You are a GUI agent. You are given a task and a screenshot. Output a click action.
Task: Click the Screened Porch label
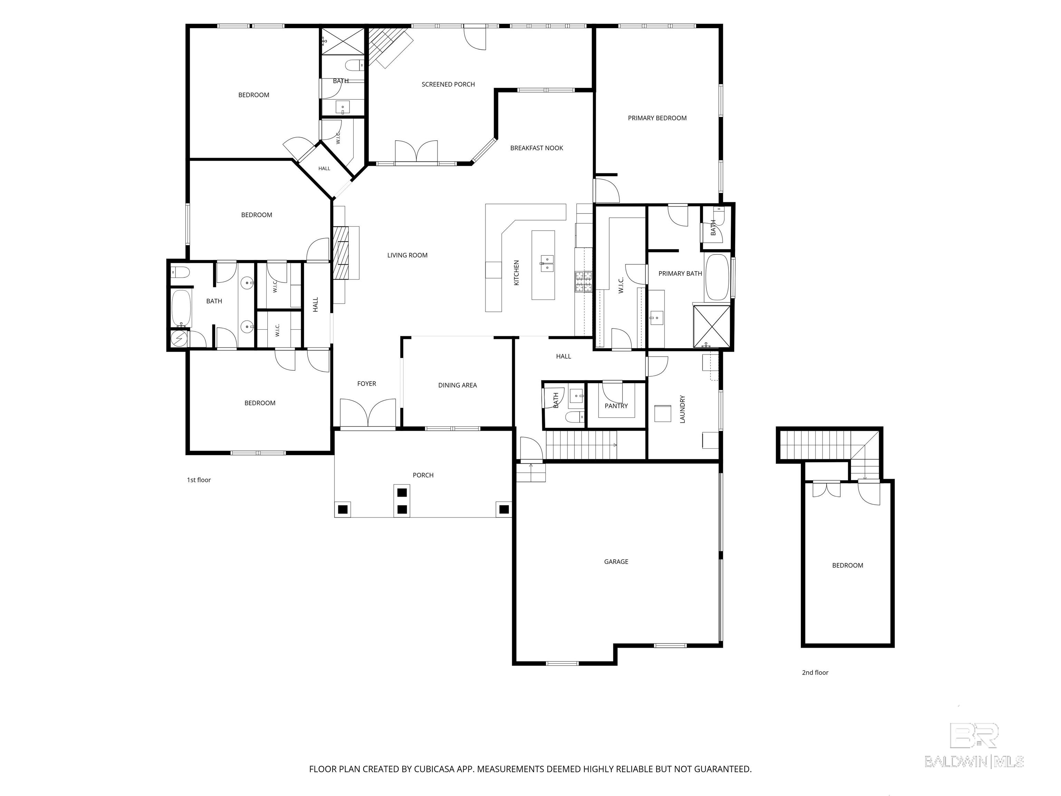click(448, 84)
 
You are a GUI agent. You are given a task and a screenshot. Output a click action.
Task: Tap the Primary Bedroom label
click(657, 118)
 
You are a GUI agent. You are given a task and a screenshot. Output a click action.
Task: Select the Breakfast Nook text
click(536, 148)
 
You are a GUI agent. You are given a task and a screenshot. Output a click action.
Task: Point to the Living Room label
click(407, 255)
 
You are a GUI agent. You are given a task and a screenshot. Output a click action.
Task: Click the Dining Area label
click(457, 385)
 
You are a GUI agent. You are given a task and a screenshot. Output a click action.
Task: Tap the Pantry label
click(616, 406)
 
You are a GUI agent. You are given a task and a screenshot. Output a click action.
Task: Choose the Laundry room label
click(682, 409)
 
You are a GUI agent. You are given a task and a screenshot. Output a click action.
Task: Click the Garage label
click(616, 561)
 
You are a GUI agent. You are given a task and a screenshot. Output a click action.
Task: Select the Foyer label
click(366, 384)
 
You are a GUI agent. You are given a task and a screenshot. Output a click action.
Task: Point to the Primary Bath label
click(680, 274)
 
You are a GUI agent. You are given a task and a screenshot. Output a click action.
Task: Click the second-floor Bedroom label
click(847, 565)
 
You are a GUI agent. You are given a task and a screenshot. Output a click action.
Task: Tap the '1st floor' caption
click(199, 480)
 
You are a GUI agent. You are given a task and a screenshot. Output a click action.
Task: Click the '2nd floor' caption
click(815, 673)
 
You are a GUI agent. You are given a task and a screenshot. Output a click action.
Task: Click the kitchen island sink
click(547, 263)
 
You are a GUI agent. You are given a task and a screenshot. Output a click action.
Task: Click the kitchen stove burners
click(583, 282)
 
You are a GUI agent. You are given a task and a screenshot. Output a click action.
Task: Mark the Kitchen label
click(517, 273)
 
